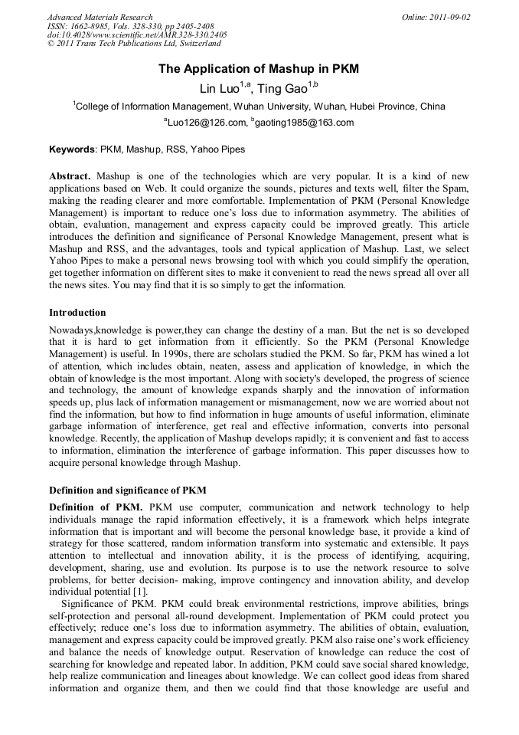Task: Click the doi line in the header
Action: coord(137,35)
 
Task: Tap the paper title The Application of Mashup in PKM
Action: coord(259,69)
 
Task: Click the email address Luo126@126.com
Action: coord(207,123)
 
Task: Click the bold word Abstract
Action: coord(70,176)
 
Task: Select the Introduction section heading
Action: coord(77,313)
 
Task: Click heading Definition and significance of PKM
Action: coord(127,490)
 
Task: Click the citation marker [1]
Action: coord(139,593)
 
